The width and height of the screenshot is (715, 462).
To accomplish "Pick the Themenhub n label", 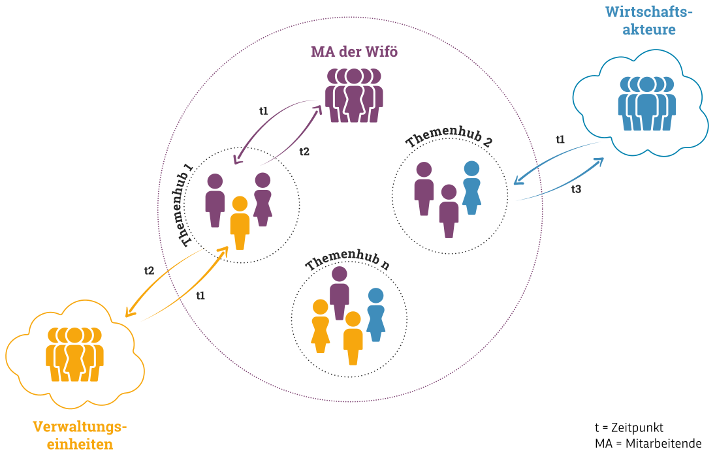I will (347, 260).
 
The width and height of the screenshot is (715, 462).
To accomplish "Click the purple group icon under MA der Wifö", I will (354, 95).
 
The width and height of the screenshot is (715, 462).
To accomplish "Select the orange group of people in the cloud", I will (74, 353).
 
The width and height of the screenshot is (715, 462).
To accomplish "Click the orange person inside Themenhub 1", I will (240, 223).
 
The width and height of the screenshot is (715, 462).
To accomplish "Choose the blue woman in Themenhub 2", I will (471, 187).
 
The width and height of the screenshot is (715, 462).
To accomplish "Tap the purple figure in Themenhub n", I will (339, 292).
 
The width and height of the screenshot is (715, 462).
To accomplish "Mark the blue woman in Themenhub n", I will (375, 314).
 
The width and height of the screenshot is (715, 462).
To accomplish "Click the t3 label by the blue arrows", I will (576, 189).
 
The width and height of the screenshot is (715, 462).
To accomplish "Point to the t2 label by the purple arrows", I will (304, 151).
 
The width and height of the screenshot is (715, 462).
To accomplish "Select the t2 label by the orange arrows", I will (149, 269).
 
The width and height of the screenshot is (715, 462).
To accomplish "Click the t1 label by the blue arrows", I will (560, 139).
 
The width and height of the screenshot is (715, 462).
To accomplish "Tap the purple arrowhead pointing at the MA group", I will (318, 110).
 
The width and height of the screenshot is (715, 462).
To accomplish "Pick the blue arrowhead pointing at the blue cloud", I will (599, 161).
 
